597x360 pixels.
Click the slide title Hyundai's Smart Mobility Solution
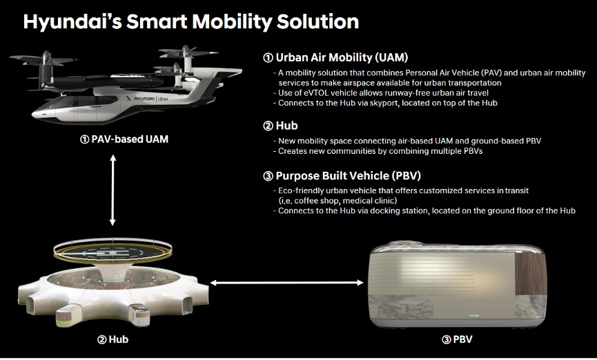(191, 21)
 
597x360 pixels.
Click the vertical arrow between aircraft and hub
(112, 190)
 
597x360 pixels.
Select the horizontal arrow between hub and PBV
(286, 282)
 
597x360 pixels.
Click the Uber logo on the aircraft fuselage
(163, 99)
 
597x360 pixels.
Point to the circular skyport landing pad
(112, 252)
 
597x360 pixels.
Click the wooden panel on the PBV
(530, 273)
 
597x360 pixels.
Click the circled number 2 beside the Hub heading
(268, 126)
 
